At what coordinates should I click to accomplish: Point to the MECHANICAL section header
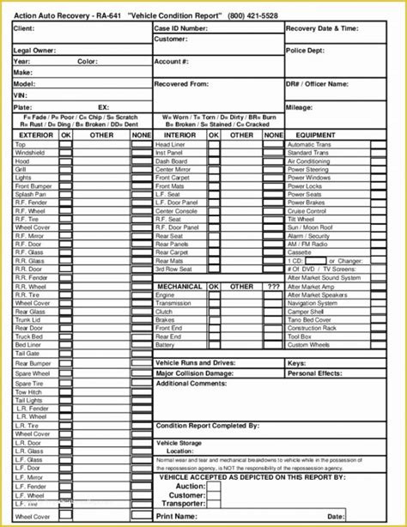click(x=179, y=287)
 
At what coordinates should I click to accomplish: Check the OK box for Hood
click(x=66, y=161)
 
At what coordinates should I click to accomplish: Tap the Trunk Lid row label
click(x=27, y=319)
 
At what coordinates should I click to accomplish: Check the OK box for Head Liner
click(x=213, y=145)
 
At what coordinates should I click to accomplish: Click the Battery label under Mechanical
click(x=165, y=345)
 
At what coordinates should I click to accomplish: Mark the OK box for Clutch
click(x=213, y=312)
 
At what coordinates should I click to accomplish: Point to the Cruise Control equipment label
click(x=307, y=211)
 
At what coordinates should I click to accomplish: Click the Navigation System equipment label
click(x=312, y=303)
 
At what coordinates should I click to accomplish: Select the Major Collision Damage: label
click(x=194, y=373)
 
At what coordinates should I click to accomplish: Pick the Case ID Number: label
click(x=181, y=28)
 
